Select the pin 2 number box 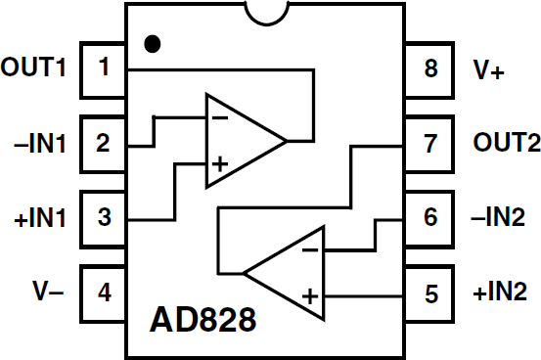tap(104, 143)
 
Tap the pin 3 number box tap(104, 217)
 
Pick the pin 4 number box tap(104, 291)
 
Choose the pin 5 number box tap(432, 291)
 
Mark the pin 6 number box tap(432, 217)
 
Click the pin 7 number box tap(432, 143)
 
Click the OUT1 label tap(35, 68)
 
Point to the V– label tap(43, 291)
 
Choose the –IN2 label tap(501, 217)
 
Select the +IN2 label tap(501, 291)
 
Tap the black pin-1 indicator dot tap(152, 44)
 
